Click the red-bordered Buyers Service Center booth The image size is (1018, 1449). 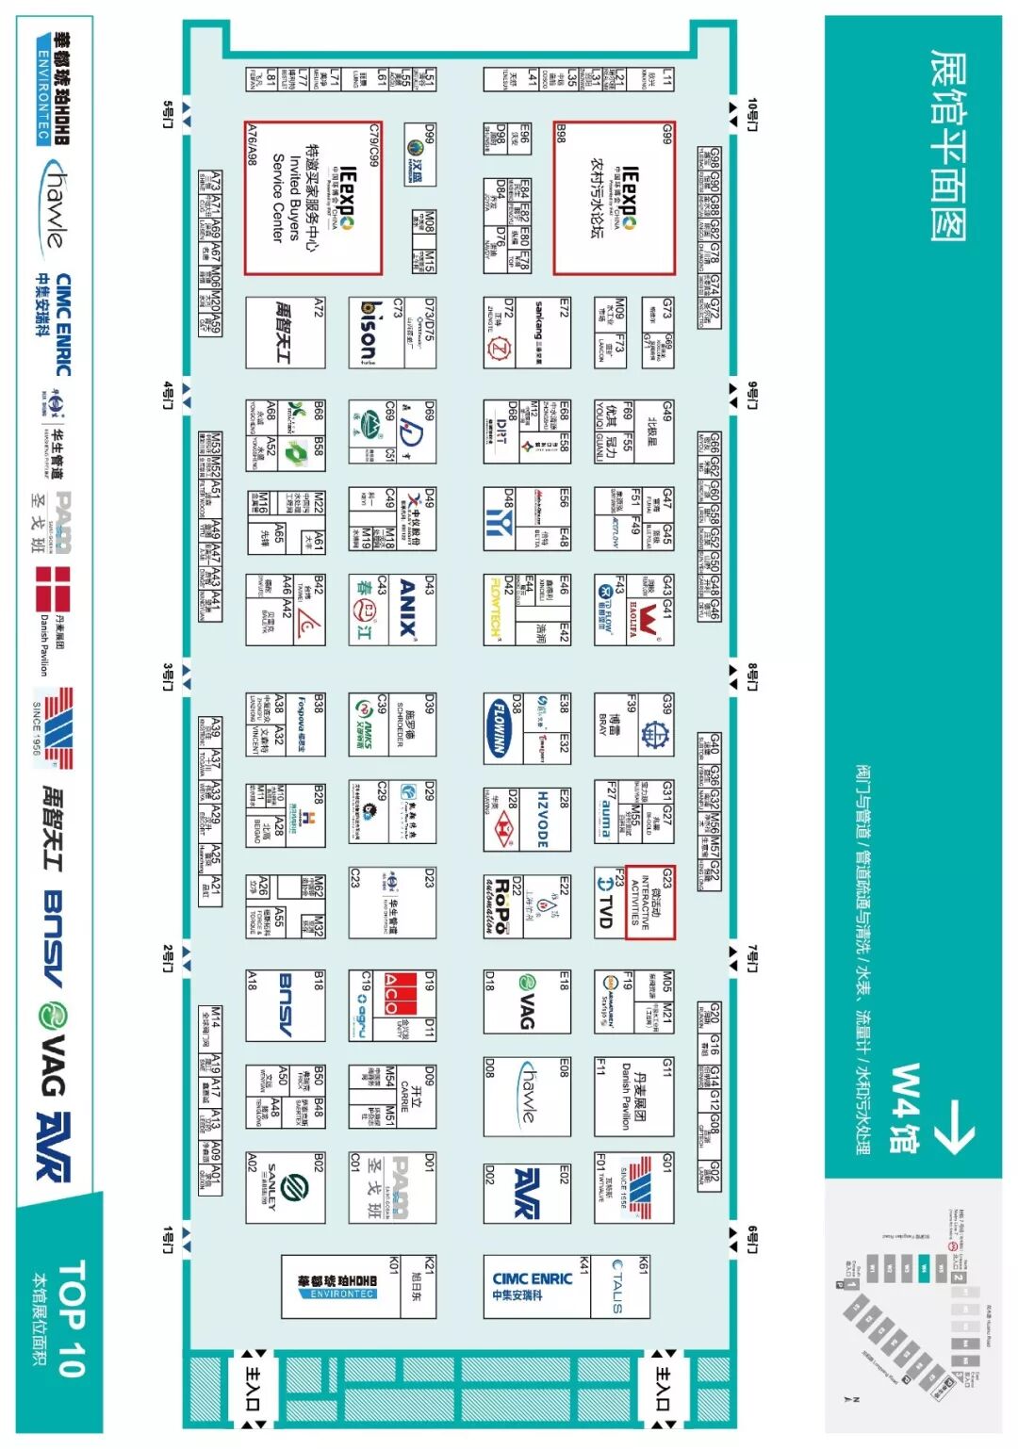pos(313,198)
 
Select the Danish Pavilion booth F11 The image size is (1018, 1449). pos(633,1097)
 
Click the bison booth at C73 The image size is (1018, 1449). pos(368,333)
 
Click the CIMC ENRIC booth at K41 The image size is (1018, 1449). pos(532,1286)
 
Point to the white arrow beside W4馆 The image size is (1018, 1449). pos(955,1126)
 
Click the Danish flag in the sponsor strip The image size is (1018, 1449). pos(53,589)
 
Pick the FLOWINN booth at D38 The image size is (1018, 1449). pos(499,725)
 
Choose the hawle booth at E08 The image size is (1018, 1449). pos(528,1097)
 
